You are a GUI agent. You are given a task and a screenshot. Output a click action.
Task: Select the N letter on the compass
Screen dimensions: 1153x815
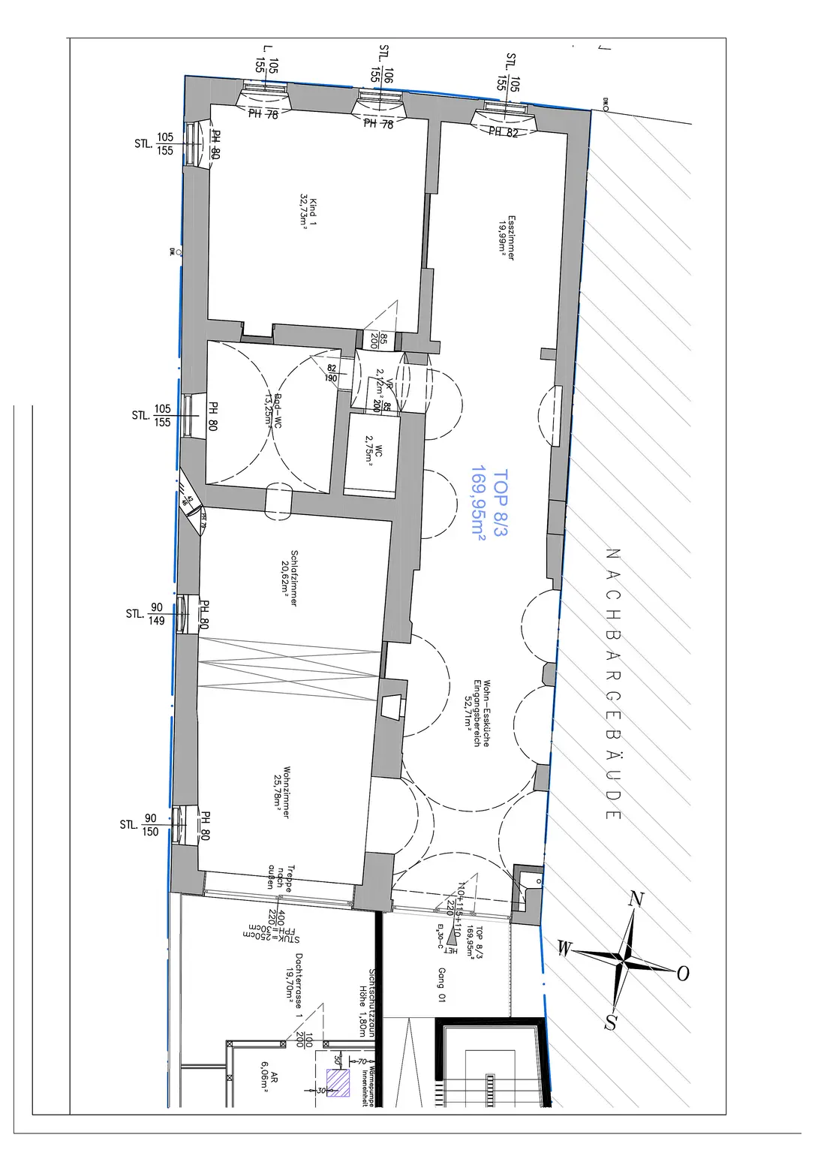click(637, 899)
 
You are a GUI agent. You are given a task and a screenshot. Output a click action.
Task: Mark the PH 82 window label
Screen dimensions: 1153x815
click(504, 132)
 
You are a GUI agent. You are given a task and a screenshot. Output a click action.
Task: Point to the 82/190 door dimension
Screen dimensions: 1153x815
click(331, 373)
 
